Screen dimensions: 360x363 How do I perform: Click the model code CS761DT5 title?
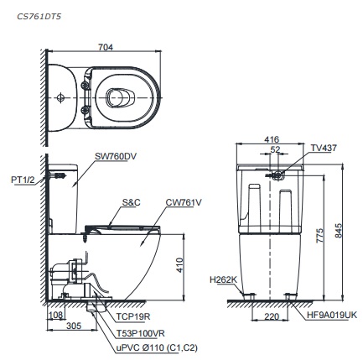tap(39, 14)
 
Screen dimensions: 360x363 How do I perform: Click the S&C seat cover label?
tap(132, 202)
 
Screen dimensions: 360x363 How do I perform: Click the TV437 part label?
tap(324, 147)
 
